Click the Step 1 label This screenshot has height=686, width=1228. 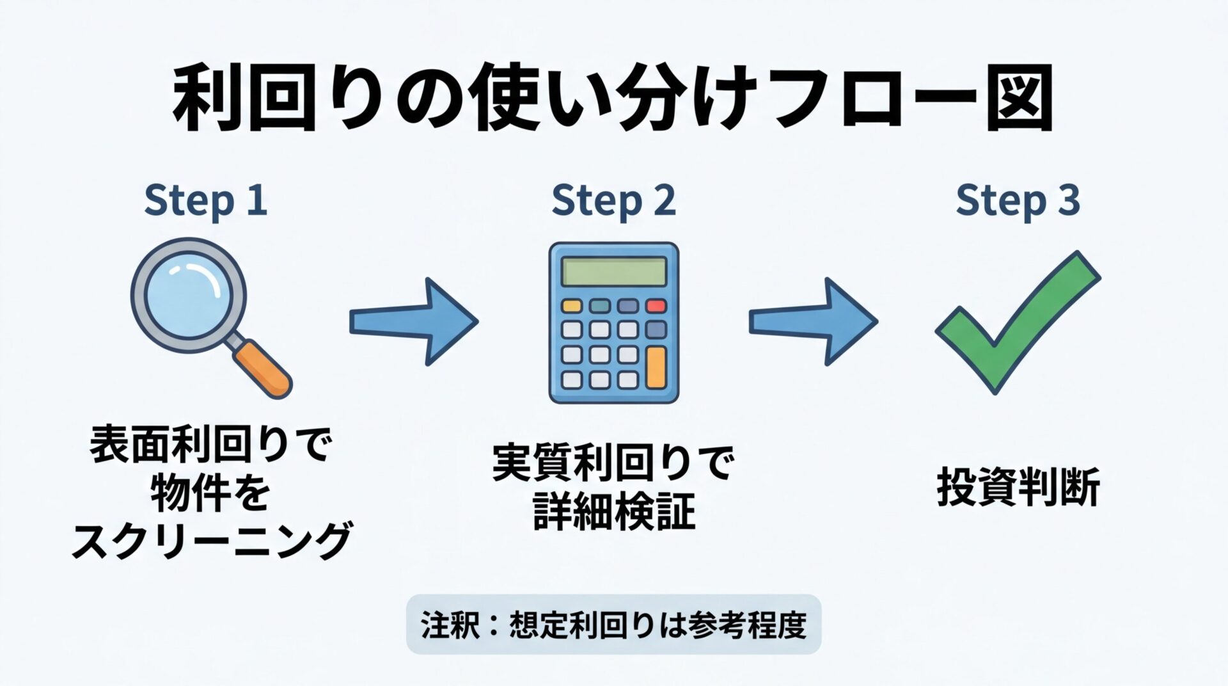click(205, 200)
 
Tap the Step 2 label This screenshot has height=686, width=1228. click(613, 200)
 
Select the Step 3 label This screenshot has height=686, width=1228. click(1018, 200)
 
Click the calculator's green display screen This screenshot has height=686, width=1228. click(614, 271)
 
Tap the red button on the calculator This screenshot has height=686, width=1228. click(656, 306)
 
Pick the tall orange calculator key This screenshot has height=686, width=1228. click(656, 368)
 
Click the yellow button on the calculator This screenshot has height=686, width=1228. click(571, 306)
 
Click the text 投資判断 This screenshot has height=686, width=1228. click(1018, 488)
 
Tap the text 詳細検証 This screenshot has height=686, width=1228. click(614, 512)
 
